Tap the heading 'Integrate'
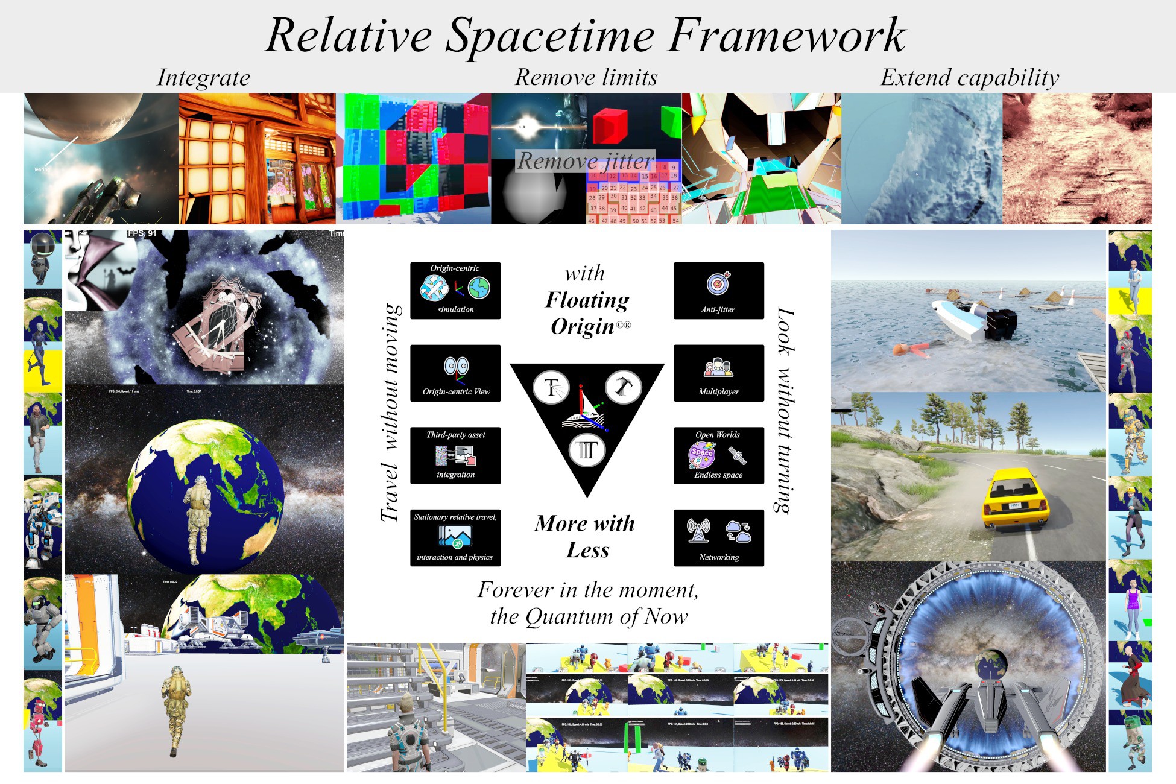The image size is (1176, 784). (203, 78)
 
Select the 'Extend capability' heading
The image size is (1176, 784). (969, 77)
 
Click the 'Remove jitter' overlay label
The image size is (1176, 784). (585, 161)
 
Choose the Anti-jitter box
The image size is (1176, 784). (718, 291)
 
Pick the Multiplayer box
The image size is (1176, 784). (718, 373)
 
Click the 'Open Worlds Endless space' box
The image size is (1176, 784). (718, 455)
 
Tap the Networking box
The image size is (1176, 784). (718, 538)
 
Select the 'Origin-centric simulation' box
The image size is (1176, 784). (455, 291)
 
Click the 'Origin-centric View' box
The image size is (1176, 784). (455, 373)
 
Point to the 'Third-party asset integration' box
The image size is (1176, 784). (455, 455)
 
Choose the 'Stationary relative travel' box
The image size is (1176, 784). (455, 538)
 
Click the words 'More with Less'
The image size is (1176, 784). (585, 536)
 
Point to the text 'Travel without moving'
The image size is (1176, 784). (390, 413)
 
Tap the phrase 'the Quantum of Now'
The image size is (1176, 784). (589, 616)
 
